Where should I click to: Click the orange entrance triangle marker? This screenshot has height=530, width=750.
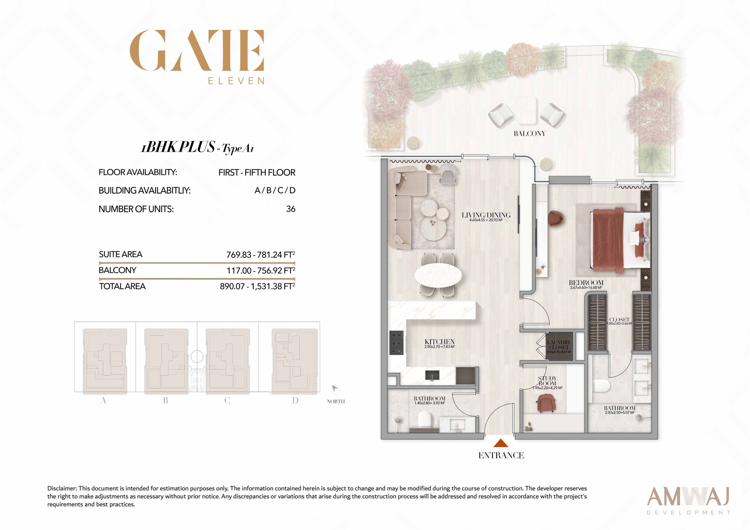click(501, 443)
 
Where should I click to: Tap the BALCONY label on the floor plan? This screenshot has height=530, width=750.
click(529, 134)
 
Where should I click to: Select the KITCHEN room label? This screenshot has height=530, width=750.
click(440, 342)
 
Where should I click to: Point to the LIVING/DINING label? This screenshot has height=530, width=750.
click(486, 215)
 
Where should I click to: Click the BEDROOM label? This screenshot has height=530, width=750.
click(586, 283)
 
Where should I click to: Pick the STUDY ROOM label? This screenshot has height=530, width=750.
click(547, 381)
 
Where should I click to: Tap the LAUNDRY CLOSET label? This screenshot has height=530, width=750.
click(559, 345)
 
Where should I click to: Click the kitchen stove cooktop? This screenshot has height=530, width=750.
click(396, 343)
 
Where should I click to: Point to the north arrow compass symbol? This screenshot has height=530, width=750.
click(335, 389)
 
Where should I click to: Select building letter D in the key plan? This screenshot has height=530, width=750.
click(295, 400)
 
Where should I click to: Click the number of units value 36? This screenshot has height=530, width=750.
click(291, 209)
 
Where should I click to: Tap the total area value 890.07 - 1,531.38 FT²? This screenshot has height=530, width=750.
click(258, 286)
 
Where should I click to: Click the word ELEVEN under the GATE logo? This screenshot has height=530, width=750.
click(236, 81)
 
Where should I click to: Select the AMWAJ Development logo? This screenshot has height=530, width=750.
click(689, 500)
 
